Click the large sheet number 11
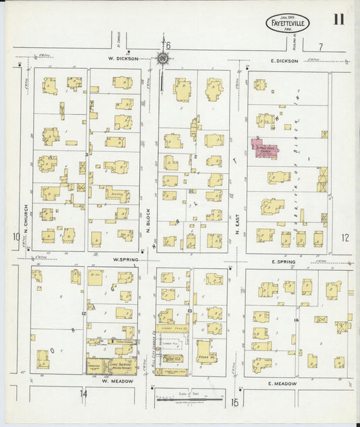[x=338, y=18]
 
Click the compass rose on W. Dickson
[x=163, y=57]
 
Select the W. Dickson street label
[x=124, y=59]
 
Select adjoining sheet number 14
[x=84, y=393]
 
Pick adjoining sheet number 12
[x=346, y=237]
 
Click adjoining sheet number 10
[x=15, y=236]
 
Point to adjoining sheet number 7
[x=321, y=47]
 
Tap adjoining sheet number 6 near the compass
[x=168, y=45]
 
